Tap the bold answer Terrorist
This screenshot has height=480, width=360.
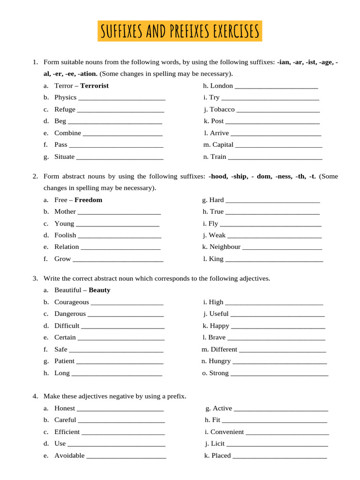[94, 86]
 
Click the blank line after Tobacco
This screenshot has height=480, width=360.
[278, 110]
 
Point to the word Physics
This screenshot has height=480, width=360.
[65, 97]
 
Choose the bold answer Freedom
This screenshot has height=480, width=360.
[88, 200]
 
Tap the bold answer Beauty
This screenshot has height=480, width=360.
[99, 290]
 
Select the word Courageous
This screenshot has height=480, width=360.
[71, 302]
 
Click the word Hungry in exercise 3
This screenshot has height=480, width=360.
[220, 361]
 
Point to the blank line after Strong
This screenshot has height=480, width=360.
[279, 374]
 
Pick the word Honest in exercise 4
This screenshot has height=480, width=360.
[64, 409]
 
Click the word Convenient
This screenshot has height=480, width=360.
[227, 432]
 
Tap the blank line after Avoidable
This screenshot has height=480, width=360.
[126, 456]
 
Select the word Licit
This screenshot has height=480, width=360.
[217, 444]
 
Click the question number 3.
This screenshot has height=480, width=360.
[35, 278]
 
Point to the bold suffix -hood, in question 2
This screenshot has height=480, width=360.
[217, 176]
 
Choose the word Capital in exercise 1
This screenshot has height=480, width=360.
[223, 145]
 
